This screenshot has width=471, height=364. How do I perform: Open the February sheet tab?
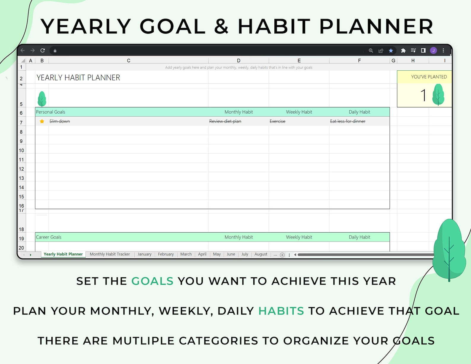[x=166, y=254]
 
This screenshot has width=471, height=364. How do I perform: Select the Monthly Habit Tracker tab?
[x=110, y=254]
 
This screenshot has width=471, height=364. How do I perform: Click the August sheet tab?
[x=260, y=254]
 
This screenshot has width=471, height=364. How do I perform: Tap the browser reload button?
[x=42, y=50]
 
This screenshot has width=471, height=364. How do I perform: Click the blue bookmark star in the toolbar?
[x=391, y=50]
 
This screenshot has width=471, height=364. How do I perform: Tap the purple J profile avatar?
[x=433, y=50]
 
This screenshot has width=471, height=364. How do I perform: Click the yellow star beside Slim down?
[x=42, y=121]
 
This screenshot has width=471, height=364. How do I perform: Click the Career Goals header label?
[x=49, y=237]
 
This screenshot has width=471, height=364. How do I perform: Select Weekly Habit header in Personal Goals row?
[x=299, y=112]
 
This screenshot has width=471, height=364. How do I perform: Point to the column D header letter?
[x=238, y=61]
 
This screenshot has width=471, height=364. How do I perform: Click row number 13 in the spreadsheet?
[x=21, y=178]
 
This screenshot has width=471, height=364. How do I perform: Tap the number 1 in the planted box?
[x=423, y=95]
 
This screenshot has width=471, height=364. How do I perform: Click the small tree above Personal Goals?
[x=42, y=99]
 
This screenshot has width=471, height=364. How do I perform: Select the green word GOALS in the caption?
[x=152, y=281]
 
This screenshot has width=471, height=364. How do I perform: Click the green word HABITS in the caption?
[x=281, y=311]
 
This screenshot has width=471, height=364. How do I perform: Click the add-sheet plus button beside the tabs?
[x=282, y=255]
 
